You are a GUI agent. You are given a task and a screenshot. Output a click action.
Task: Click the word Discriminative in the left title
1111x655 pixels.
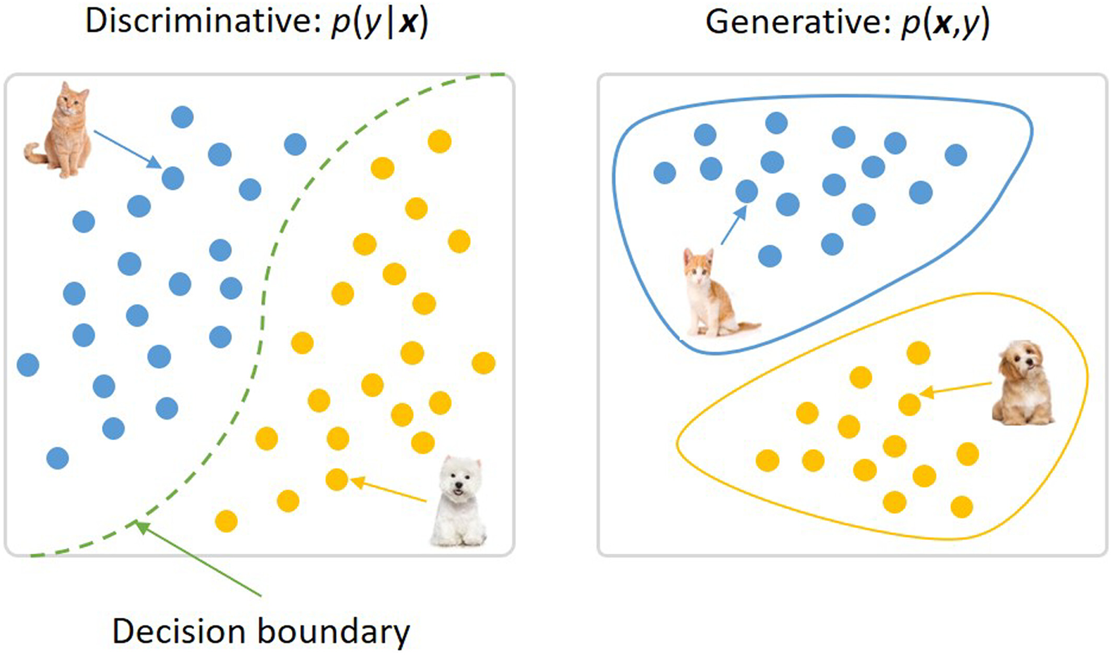coord(203,22)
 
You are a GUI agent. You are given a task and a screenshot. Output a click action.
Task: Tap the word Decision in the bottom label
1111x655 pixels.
coord(180,631)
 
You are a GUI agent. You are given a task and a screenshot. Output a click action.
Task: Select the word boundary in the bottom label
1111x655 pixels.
coord(334,631)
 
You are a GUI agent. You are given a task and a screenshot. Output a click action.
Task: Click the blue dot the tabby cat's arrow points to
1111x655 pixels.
coord(173,179)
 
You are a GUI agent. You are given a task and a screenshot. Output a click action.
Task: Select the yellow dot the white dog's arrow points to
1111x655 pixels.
coord(337,479)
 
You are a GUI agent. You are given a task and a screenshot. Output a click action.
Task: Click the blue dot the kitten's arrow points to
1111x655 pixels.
coord(747,191)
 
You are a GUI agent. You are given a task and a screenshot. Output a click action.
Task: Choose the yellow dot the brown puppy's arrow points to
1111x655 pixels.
coord(909,404)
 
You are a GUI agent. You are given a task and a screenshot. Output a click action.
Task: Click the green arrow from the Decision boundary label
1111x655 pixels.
coord(198,559)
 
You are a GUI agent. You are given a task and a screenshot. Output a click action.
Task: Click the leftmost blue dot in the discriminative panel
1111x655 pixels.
coord(28,365)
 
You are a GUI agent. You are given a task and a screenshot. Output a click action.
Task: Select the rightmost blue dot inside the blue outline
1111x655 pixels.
coord(956,155)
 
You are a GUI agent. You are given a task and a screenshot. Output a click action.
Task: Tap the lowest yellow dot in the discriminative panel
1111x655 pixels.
coord(226,521)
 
